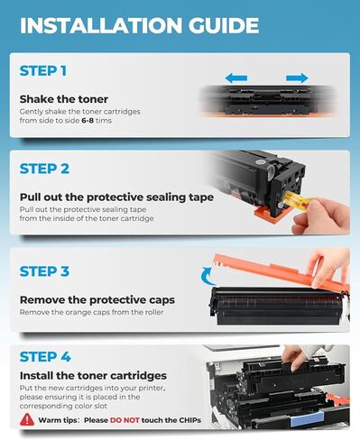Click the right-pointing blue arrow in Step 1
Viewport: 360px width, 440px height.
pos(297,78)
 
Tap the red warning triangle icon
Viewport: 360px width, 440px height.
pos(28,419)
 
